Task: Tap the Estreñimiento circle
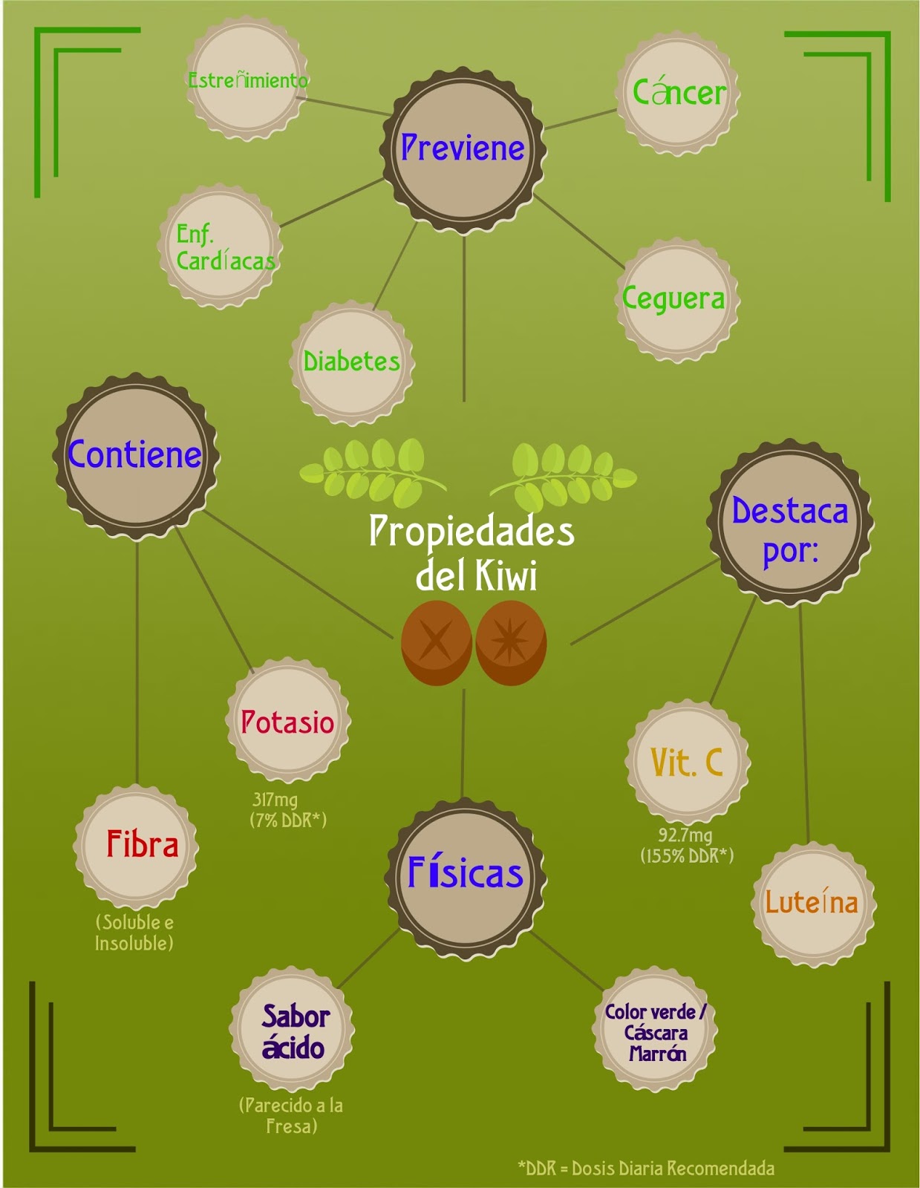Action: (247, 79)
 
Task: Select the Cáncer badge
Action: (678, 93)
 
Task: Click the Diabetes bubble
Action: (352, 362)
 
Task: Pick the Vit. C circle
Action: (687, 763)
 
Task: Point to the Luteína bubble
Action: (812, 903)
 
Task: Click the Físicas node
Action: (466, 873)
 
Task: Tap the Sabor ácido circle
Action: (293, 1032)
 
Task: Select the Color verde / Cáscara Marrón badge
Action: (655, 1032)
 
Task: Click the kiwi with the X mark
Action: (436, 643)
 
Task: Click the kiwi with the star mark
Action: (512, 643)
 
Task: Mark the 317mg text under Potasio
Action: (275, 800)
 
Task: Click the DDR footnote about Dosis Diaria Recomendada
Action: (646, 1168)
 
